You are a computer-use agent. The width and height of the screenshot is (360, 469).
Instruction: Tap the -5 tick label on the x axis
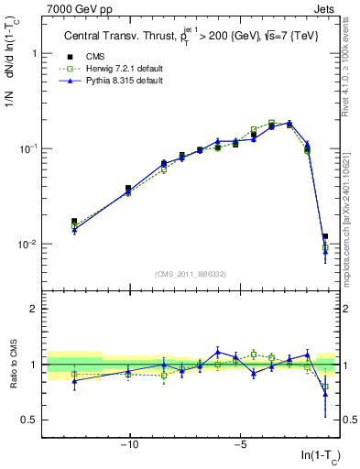click(239, 444)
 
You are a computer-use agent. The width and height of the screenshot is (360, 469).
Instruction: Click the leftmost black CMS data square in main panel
click(74, 222)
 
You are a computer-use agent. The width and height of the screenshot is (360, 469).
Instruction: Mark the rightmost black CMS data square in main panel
click(325, 236)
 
